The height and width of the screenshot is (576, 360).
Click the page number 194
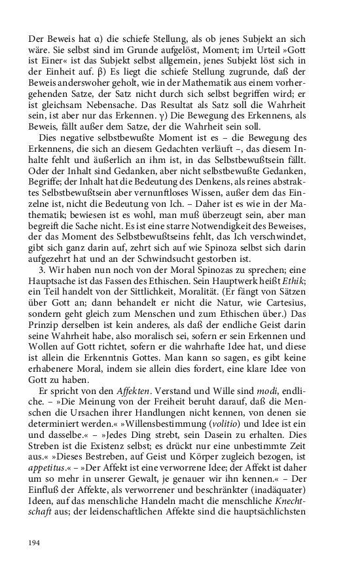pos(34,542)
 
